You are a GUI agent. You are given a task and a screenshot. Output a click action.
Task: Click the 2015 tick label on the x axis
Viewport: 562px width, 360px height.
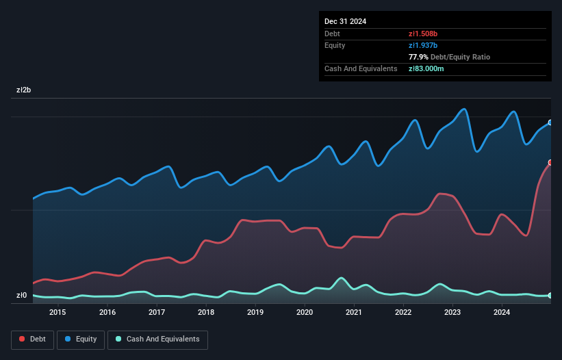tap(58, 313)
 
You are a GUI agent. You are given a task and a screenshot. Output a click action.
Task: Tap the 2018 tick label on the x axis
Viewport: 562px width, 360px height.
tap(205, 313)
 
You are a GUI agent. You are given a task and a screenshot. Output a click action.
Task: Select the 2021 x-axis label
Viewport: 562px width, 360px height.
tap(354, 313)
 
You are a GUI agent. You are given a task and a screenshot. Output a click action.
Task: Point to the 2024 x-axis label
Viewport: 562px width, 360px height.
tap(502, 313)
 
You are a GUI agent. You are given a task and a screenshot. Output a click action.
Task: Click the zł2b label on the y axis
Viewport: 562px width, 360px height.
tap(24, 90)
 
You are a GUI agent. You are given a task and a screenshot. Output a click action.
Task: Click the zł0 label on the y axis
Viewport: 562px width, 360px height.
tap(22, 296)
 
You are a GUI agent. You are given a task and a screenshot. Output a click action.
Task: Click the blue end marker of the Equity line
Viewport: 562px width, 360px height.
tap(550, 123)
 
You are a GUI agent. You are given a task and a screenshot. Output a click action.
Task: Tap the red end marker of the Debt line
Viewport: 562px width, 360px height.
tap(550, 162)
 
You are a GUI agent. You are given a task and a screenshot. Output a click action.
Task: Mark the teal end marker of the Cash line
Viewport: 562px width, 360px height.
tap(550, 295)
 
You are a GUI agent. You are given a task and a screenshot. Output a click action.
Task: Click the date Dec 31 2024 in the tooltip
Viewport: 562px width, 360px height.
tap(345, 21)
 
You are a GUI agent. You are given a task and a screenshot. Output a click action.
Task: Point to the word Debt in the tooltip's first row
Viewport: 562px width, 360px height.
tap(332, 34)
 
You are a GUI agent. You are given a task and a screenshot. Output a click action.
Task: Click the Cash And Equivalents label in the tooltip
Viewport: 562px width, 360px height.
tap(361, 68)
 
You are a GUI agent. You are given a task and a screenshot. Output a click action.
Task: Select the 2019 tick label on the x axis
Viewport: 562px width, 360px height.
tap(255, 313)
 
